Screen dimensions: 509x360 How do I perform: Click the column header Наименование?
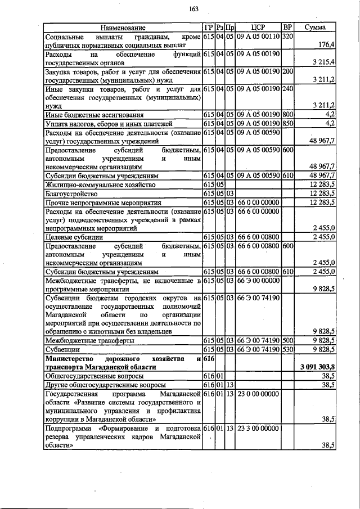coord(123,27)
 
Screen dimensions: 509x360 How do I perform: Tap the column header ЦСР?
coord(258,27)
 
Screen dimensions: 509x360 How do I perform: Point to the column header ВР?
coord(287,27)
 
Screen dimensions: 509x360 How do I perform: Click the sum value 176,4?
coord(326,44)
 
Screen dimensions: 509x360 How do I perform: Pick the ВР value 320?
coord(287,36)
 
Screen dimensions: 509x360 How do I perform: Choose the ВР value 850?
coord(287,123)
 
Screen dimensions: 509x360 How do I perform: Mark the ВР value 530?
coord(287,349)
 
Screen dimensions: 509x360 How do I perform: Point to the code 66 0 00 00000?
coord(258,201)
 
